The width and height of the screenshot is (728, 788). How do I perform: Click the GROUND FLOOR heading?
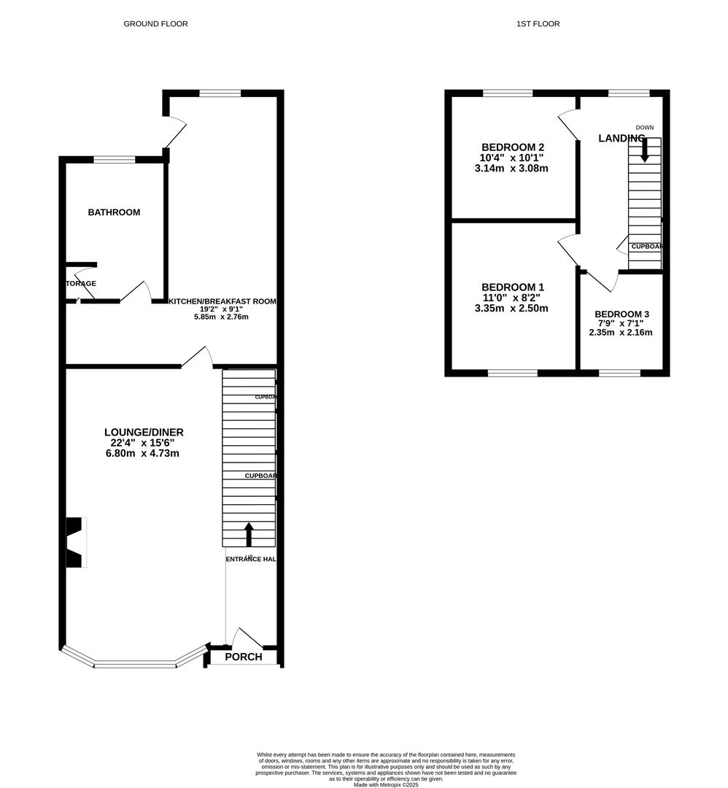(155, 24)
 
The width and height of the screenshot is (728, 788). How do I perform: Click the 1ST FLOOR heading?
(538, 24)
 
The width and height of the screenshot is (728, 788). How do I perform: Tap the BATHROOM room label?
(114, 212)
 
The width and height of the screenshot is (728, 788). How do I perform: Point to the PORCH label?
(243, 657)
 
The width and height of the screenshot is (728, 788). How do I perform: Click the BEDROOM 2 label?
(511, 147)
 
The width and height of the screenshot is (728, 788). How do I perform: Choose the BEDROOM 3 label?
(621, 314)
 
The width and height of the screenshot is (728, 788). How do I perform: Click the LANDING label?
(621, 138)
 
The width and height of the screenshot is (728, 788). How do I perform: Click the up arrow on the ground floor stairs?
(249, 534)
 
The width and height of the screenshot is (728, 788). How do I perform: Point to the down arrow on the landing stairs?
(645, 150)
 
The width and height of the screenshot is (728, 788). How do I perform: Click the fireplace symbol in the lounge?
(76, 542)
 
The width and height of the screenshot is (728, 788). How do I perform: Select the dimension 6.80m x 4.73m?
(142, 453)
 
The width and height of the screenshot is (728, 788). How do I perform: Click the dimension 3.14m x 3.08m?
(511, 169)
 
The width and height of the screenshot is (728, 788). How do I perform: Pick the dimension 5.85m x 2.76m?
(221, 317)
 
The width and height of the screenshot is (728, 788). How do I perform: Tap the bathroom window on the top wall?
(115, 159)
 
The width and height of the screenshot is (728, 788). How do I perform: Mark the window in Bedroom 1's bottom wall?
(512, 373)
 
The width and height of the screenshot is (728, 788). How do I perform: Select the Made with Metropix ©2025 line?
(387, 784)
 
